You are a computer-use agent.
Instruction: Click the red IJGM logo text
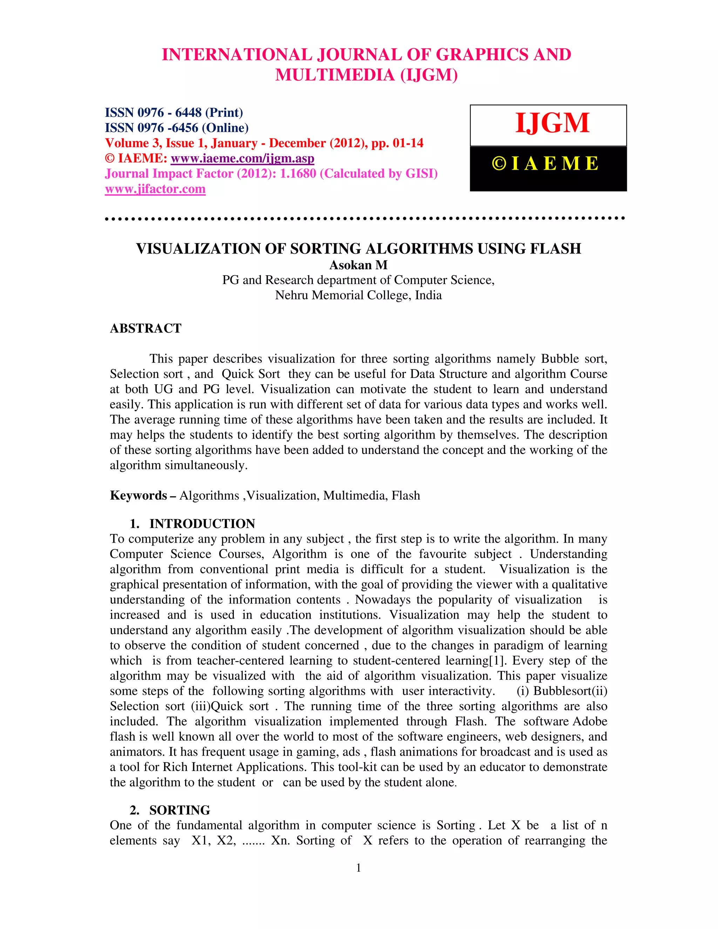552,123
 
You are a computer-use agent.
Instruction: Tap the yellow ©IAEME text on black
546,164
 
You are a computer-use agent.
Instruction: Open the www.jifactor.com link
155,189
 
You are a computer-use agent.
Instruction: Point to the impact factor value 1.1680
298,174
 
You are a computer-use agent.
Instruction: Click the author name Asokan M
358,265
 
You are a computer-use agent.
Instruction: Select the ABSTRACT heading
145,328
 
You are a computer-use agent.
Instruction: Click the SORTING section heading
179,810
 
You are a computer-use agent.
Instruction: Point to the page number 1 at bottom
359,868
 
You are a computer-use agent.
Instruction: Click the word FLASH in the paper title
555,249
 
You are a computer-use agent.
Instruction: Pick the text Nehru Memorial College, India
358,295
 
